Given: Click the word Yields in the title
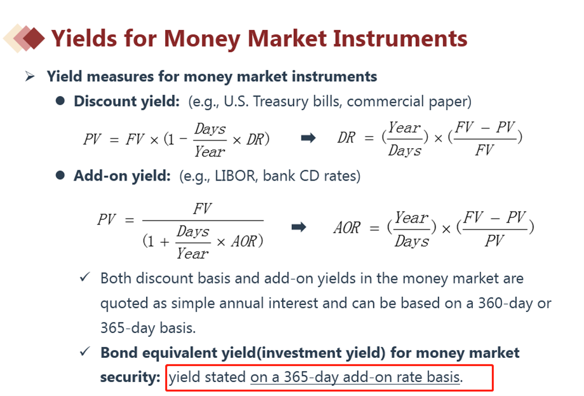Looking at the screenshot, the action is tap(84, 38).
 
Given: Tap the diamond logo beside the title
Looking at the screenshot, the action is tap(24, 38).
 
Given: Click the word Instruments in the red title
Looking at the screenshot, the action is tap(400, 38).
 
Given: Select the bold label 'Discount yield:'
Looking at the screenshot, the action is tap(126, 102).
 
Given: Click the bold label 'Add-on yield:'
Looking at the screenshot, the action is tap(122, 175).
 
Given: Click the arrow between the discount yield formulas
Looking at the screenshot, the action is tap(309, 139).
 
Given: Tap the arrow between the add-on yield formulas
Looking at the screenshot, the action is tap(299, 227).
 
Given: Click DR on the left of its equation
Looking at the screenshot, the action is tap(347, 137).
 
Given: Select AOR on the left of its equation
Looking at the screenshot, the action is tap(347, 228).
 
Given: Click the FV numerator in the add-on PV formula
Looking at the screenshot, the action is tap(202, 208).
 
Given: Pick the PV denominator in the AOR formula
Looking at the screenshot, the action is tap(494, 241).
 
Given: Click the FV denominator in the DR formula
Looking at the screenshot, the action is tap(484, 150).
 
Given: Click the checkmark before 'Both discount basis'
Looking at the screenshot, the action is tap(85, 277).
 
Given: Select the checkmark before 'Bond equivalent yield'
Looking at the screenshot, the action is tap(85, 352).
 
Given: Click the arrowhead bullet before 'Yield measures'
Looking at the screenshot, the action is tap(30, 76).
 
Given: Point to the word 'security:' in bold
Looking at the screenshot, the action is tap(130, 377).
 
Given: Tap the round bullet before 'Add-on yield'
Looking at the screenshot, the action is tap(60, 175).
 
